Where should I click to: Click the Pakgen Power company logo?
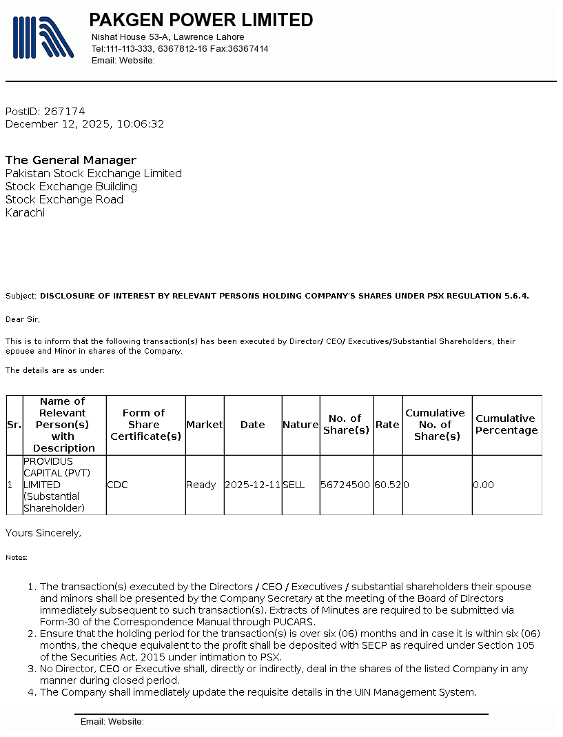click(43, 37)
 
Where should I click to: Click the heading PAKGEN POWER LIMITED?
click(201, 20)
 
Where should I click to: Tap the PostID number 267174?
click(64, 111)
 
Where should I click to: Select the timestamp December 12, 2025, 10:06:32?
click(85, 124)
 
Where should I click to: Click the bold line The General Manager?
click(71, 160)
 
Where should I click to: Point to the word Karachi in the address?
click(25, 212)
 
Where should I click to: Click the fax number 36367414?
click(248, 49)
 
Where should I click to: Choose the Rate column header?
click(387, 425)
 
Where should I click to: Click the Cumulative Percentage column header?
click(506, 425)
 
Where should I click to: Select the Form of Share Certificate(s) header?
click(145, 425)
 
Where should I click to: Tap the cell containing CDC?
click(118, 485)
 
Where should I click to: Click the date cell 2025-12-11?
click(252, 485)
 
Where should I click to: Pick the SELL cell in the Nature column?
click(294, 485)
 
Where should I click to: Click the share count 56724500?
click(345, 485)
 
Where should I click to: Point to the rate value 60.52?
click(388, 485)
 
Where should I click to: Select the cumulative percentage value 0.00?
click(484, 485)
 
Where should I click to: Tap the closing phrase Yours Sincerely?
click(43, 532)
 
